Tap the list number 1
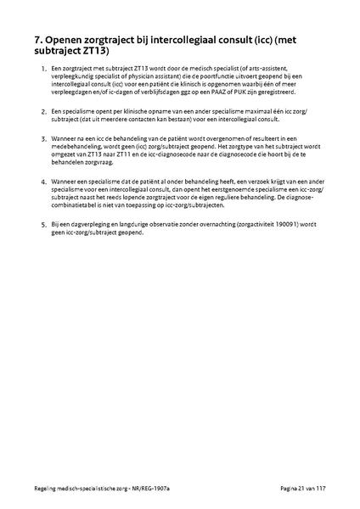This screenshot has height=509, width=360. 43,67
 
